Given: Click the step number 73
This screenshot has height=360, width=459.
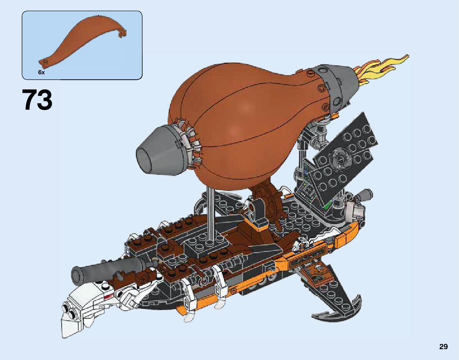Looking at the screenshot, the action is point(37,100).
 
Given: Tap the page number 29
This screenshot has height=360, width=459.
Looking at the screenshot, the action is point(443,347).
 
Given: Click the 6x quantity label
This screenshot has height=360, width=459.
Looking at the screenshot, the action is point(41,72).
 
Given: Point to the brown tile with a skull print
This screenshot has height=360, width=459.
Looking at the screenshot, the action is point(316,275).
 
